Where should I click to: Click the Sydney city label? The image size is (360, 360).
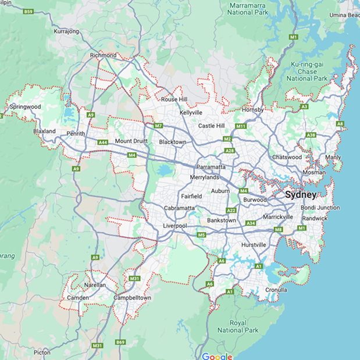(x=301, y=195)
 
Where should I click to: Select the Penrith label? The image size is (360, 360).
(x=76, y=134)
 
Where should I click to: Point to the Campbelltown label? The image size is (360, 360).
(x=131, y=298)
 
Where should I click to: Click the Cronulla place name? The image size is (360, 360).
(x=275, y=290)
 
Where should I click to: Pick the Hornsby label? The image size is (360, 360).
(x=252, y=110)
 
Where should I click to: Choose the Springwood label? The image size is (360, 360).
(x=24, y=107)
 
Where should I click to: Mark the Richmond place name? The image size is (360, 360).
(x=103, y=55)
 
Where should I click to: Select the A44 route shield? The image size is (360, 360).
(x=103, y=142)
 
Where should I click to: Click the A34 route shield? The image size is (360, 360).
(x=251, y=223)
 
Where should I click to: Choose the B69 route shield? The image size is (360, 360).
(x=120, y=343)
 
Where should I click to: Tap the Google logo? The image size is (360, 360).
(x=217, y=356)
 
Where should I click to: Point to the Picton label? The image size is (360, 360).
(x=42, y=352)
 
